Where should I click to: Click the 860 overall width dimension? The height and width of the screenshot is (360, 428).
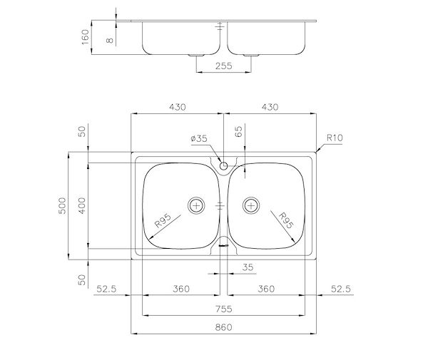223,326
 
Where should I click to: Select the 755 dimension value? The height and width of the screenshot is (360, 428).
223,309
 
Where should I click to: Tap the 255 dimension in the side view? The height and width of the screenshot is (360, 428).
223,66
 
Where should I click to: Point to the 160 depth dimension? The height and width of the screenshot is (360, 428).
86,37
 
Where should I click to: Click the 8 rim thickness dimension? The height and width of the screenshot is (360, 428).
110,41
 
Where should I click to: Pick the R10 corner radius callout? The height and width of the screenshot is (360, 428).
335,138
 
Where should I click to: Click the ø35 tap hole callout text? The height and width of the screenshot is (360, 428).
199,138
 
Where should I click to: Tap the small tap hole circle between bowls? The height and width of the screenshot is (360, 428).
223,165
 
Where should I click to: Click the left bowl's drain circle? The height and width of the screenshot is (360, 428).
196,205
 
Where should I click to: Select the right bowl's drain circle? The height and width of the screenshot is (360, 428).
251,205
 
